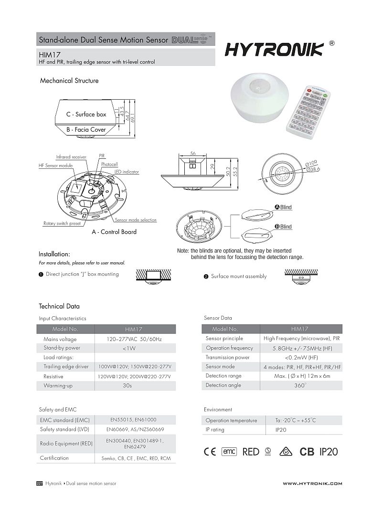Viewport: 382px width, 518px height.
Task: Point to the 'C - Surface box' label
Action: click(86, 114)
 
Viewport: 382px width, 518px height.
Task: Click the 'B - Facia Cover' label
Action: click(86, 129)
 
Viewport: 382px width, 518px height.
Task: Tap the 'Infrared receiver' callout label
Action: click(71, 156)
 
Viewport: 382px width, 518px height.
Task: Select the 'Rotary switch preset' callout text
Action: click(63, 223)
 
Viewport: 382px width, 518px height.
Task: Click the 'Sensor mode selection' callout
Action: click(136, 220)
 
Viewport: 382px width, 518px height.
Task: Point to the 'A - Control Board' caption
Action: click(114, 232)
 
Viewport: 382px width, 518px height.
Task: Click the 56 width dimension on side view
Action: click(193, 154)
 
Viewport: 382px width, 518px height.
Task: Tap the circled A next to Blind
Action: click(277, 207)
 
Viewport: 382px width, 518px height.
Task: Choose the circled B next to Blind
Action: click(277, 227)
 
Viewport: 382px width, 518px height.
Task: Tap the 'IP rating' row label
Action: click(215, 430)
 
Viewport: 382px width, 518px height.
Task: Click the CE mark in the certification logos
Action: click(210, 452)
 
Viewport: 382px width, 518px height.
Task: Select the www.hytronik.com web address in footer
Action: click(312, 484)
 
